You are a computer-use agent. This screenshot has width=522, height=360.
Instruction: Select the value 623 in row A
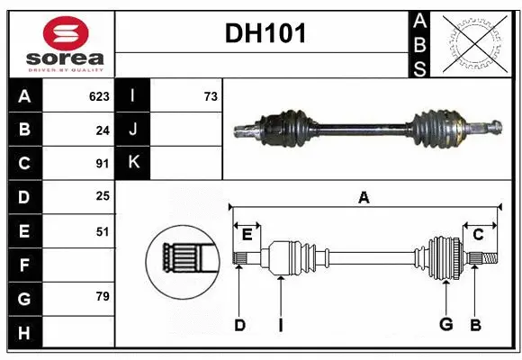tap(99, 96)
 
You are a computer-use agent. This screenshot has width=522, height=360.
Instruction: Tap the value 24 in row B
tap(102, 130)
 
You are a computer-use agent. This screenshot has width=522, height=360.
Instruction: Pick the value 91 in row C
tap(102, 164)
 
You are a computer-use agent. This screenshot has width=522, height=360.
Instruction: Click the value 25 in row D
tap(102, 197)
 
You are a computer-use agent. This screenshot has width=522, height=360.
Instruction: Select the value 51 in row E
tap(102, 231)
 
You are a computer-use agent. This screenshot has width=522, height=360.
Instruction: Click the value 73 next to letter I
tap(210, 96)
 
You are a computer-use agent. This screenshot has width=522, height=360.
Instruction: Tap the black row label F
tap(24, 265)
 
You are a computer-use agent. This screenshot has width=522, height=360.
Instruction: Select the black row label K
tap(133, 164)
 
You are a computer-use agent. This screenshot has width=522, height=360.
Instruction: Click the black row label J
tap(133, 130)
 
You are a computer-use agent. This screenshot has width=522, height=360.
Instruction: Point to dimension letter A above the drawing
tap(364, 197)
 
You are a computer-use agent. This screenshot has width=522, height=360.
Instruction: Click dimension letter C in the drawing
tap(478, 234)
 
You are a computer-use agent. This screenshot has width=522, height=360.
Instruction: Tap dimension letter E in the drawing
tap(247, 234)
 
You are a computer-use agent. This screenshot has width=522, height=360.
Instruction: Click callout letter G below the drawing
tap(445, 325)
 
